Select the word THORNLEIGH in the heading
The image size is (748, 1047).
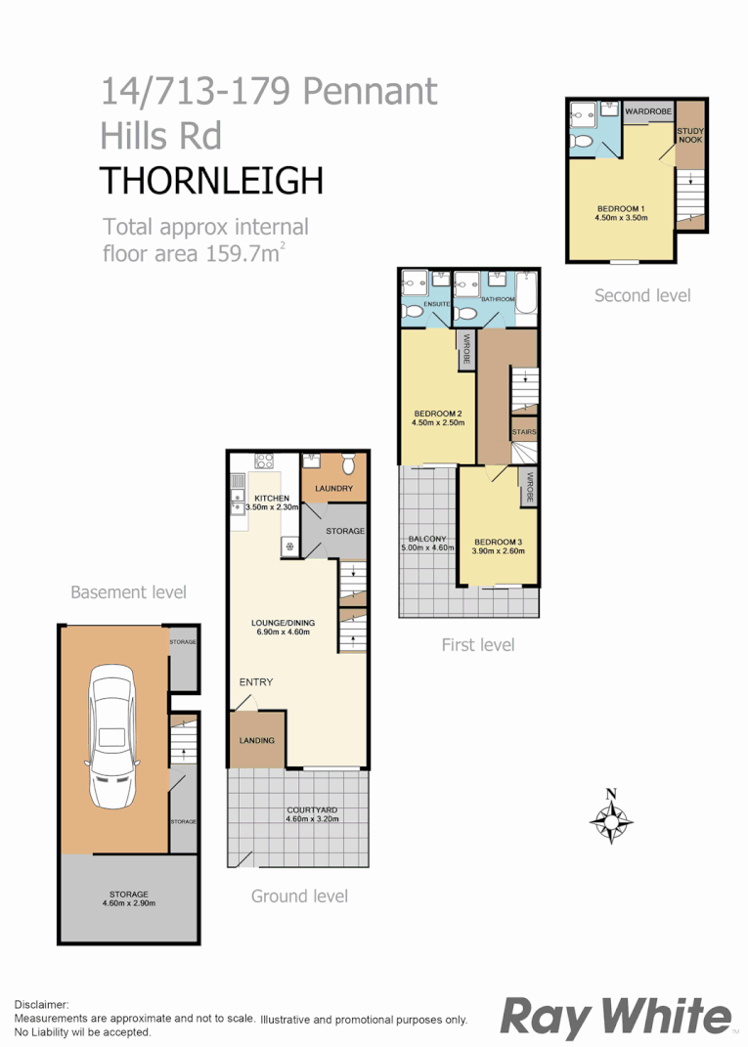tap(212, 181)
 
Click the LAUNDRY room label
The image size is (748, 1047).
tap(333, 489)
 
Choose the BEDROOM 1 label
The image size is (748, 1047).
tap(621, 208)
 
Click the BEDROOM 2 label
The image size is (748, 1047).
tap(438, 413)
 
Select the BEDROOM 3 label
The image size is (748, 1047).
tap(499, 543)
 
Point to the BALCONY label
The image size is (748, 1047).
tap(423, 539)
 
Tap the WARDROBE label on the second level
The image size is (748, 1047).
tap(648, 112)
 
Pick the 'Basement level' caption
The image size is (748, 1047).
tap(128, 592)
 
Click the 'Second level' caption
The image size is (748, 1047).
tap(641, 295)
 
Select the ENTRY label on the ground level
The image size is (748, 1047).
tap(256, 682)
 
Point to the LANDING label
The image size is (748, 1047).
tap(257, 740)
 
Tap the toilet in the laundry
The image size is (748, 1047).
tap(347, 464)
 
